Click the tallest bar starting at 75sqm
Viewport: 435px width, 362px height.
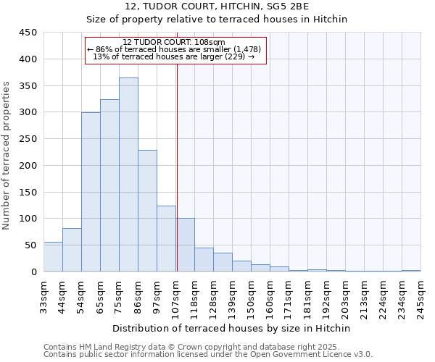click(128, 174)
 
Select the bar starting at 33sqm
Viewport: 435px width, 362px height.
click(53, 257)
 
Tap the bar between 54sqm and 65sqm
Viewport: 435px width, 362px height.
click(91, 192)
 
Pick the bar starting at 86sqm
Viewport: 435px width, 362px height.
click(147, 211)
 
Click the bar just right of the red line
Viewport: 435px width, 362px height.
click(186, 245)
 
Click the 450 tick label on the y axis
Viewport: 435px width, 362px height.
click(28, 33)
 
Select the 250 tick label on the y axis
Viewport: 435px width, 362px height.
click(28, 139)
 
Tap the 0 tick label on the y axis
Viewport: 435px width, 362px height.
click(34, 272)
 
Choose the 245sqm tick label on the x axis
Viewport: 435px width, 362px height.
click(422, 295)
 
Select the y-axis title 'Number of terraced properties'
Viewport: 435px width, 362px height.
click(7, 156)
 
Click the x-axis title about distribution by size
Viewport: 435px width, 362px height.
click(232, 328)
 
